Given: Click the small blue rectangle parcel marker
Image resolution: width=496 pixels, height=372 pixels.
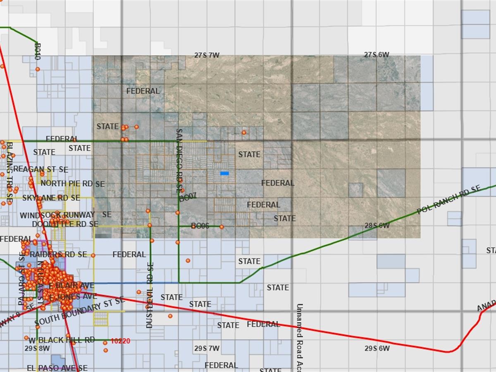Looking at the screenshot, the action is click(x=224, y=173).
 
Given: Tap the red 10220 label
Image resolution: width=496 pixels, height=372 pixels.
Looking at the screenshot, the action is click(x=121, y=341).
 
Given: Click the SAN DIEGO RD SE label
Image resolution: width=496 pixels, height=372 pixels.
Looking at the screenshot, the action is click(x=179, y=160).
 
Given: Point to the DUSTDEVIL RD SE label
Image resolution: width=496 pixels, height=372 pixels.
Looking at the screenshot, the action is click(x=150, y=295).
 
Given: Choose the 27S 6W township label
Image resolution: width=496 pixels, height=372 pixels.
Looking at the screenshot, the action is click(x=376, y=55).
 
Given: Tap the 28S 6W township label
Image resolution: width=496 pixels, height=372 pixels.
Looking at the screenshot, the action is click(x=377, y=226).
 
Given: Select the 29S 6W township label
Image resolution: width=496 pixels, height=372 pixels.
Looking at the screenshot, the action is click(x=377, y=348).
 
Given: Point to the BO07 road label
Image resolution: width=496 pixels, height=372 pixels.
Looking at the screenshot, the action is click(x=188, y=198).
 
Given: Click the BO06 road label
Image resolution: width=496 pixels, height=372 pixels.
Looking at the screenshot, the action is click(x=200, y=226).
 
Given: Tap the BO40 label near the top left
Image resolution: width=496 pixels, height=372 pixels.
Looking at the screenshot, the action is click(x=38, y=52).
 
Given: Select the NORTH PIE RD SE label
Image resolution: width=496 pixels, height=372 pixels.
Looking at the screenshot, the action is click(x=73, y=184).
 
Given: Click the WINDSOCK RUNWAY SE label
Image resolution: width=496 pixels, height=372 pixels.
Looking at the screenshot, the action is click(x=65, y=215).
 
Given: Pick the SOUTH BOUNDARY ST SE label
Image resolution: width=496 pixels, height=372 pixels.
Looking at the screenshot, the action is click(x=79, y=311).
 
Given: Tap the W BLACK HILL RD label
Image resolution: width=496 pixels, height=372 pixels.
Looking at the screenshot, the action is click(x=62, y=340).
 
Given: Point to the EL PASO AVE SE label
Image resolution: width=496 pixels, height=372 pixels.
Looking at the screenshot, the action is click(x=57, y=368).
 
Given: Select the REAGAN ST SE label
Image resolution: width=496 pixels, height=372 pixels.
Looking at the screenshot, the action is click(x=41, y=169).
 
